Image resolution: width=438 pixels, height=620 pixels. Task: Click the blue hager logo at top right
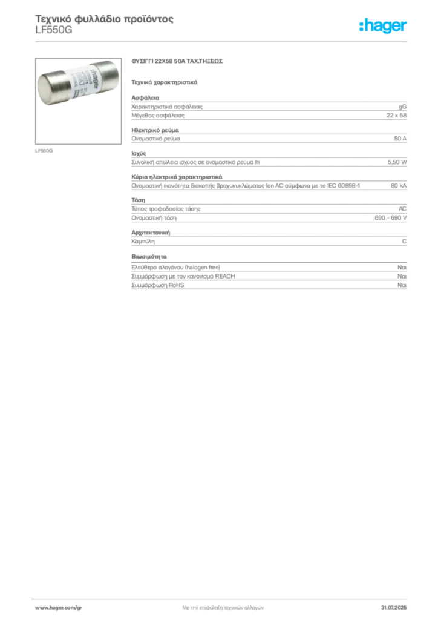(384, 26)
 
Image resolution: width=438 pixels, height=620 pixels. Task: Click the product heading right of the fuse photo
(178, 62)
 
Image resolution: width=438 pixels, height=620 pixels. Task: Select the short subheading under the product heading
(165, 81)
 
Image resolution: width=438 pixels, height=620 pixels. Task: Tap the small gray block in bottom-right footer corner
(397, 606)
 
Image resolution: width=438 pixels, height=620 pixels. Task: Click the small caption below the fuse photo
(44, 148)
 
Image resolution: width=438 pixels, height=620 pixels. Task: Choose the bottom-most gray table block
(269, 277)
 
